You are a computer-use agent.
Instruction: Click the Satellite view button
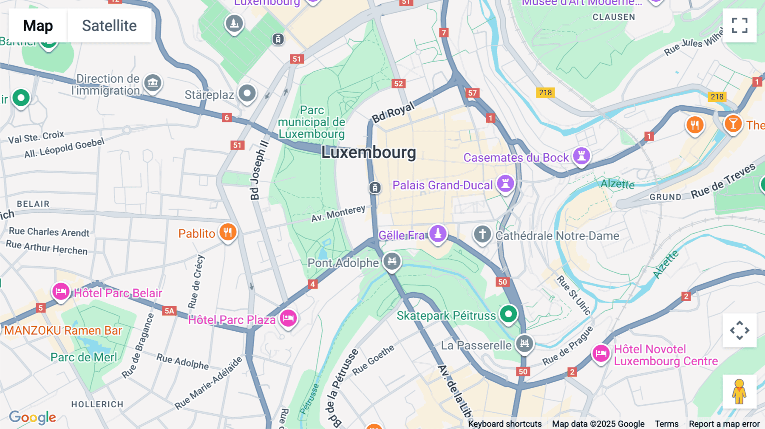coord(109,25)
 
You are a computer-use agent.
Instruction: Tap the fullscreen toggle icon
coord(739,25)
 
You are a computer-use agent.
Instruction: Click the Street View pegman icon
coord(739,392)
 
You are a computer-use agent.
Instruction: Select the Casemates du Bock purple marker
coord(581,155)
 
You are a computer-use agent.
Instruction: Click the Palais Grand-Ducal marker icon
coord(505,183)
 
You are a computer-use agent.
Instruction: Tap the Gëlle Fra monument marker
coord(438,233)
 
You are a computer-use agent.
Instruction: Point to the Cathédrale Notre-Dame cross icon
coord(482,234)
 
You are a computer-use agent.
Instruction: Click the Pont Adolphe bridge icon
coord(392,261)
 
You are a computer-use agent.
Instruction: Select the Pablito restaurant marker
coord(228,232)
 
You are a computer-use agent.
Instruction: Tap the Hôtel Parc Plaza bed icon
coord(288,318)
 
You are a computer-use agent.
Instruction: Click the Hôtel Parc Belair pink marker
coord(61,292)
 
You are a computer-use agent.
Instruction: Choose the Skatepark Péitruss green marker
coord(508,314)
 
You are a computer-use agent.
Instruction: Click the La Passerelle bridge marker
coord(524,343)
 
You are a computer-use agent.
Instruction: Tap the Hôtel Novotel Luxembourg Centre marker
coord(601,353)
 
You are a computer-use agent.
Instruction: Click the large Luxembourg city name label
coord(368,152)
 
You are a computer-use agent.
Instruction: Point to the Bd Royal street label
coord(393,113)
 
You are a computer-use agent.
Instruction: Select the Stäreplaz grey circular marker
coord(247,93)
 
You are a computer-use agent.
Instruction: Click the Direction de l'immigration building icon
coord(153,82)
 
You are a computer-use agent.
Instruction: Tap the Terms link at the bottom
coord(666,423)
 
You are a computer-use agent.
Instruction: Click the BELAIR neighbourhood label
coord(33,204)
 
